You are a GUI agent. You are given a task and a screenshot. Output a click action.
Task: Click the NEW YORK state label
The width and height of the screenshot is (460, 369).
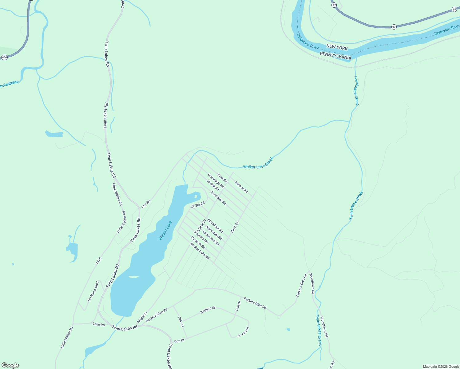point(337,48)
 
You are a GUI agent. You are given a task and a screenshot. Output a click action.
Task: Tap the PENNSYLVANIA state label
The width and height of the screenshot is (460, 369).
point(335,56)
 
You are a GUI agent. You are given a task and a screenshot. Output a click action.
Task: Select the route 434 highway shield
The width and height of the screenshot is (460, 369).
point(4,57)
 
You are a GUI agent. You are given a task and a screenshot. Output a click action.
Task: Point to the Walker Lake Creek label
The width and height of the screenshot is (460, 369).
point(258,163)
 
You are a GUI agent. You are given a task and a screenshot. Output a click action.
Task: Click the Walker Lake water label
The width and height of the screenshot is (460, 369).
point(165,230)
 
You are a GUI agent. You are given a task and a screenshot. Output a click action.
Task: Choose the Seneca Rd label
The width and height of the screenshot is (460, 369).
point(241,187)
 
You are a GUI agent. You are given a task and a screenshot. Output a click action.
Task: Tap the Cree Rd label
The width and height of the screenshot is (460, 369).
point(222,178)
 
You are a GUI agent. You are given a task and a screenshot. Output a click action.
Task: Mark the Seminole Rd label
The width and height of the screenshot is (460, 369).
point(218,198)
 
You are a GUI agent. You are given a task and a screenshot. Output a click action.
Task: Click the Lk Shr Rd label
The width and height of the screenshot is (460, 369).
point(197,205)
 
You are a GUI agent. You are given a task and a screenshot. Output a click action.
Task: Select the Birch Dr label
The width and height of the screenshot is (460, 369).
point(235,227)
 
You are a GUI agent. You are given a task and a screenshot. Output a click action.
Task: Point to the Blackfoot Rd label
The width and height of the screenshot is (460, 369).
point(215,226)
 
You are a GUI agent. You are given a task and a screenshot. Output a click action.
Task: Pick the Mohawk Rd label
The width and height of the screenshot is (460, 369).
point(198,242)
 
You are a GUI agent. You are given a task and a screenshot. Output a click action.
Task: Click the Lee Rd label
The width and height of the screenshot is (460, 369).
point(146,203)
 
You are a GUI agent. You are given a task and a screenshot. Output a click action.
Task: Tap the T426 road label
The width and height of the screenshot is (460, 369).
point(98,261)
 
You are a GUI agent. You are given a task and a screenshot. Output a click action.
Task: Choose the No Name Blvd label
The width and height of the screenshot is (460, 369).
point(93,291)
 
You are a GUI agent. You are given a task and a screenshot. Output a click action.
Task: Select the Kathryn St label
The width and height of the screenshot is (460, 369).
point(208,310)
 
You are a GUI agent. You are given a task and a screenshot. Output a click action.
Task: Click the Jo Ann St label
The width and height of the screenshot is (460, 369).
point(243,332)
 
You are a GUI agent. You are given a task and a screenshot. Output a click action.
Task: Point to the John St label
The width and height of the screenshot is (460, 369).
point(181,322)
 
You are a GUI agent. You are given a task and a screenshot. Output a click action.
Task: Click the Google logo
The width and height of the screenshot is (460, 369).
point(10,365)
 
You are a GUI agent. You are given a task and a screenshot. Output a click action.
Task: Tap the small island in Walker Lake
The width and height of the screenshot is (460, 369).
point(134,277)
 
